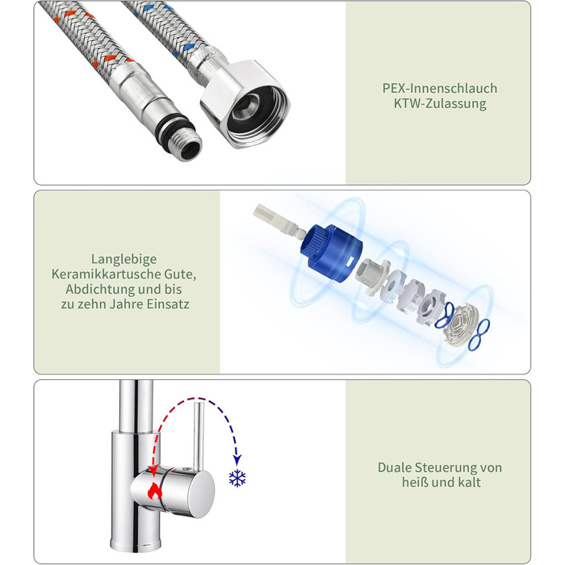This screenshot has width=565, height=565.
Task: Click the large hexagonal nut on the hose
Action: [x=245, y=104]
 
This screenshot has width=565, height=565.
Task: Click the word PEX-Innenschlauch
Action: [x=440, y=89]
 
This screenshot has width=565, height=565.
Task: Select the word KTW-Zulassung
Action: [x=440, y=104]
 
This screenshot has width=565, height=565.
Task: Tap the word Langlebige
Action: [x=124, y=259]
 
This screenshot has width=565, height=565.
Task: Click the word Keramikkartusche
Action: [x=107, y=274]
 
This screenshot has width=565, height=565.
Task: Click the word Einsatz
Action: [x=168, y=304]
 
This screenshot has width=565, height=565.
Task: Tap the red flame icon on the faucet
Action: [x=155, y=491]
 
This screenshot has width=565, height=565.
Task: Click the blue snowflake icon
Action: [x=237, y=479]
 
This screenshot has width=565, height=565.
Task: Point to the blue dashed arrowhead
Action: [x=237, y=459]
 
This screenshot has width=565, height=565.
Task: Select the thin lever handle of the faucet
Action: [x=199, y=437]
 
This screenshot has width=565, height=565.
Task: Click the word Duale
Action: [x=395, y=467]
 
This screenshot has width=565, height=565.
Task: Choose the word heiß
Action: [x=415, y=483]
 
